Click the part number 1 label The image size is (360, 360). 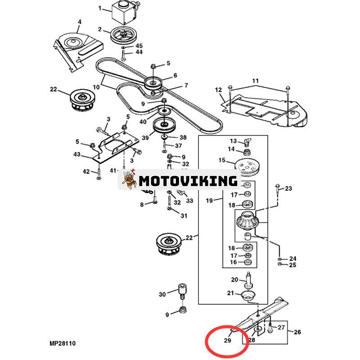pyautogui.click(x=102, y=8)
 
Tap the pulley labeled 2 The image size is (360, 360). pyautogui.click(x=122, y=36)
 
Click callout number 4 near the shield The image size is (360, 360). pyautogui.click(x=80, y=22)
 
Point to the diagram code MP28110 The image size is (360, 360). pyautogui.click(x=63, y=344)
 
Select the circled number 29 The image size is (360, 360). pyautogui.click(x=227, y=341)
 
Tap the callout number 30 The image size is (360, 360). pyautogui.click(x=162, y=294)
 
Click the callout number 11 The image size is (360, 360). pyautogui.click(x=256, y=81)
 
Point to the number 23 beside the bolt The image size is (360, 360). pyautogui.click(x=288, y=188)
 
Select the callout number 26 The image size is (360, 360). pyautogui.click(x=298, y=333)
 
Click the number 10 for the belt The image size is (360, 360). pyautogui.click(x=96, y=86)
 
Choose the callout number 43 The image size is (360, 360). pyautogui.click(x=76, y=155)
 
